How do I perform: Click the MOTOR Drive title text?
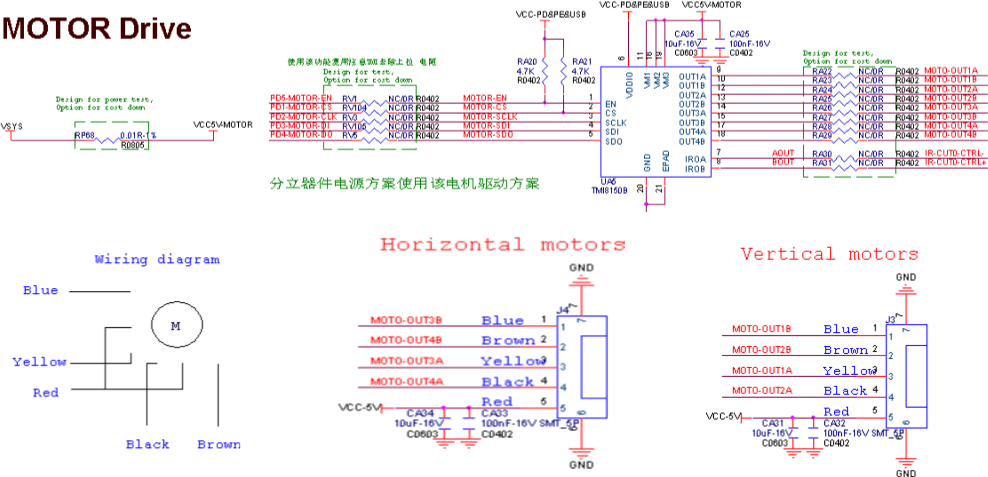click(97, 29)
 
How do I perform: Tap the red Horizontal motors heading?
click(502, 244)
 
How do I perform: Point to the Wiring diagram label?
click(157, 260)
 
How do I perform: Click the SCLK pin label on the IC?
click(616, 123)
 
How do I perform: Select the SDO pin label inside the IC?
click(613, 141)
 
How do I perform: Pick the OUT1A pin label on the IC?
click(692, 77)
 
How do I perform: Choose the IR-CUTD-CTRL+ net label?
click(955, 162)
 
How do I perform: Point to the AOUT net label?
click(783, 153)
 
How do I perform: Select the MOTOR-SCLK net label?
click(490, 117)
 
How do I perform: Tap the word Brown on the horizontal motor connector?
click(508, 340)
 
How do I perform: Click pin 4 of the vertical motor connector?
click(891, 397)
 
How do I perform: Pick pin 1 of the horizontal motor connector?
click(563, 327)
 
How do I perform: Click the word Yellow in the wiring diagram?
click(39, 362)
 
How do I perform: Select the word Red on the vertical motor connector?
click(837, 411)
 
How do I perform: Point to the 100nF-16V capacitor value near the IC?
click(749, 44)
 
